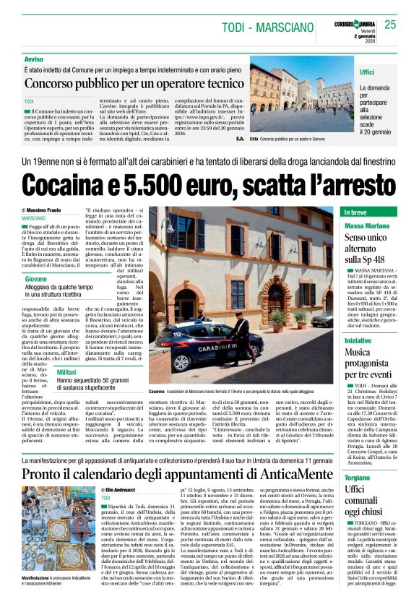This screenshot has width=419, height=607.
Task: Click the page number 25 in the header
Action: click(390, 25)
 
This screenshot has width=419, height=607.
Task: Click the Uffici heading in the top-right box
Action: click(367, 72)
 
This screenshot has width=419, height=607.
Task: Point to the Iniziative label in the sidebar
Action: click(358, 340)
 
